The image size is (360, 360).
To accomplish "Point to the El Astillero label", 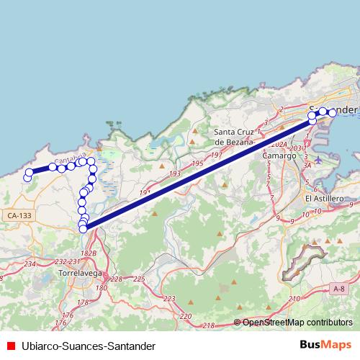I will [x=324, y=199].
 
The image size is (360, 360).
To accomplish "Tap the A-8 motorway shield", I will [x=339, y=289].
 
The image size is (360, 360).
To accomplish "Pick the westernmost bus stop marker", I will [x=27, y=177].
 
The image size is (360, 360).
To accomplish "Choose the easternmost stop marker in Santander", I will [x=333, y=112].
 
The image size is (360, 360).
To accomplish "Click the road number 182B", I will [x=89, y=253].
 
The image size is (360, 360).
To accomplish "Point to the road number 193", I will [x=175, y=175].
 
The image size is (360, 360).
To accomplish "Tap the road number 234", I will [x=30, y=264].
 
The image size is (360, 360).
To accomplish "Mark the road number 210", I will [x=293, y=298].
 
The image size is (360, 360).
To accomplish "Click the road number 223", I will [x=169, y=297].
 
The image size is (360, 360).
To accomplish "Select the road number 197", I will [x=217, y=155].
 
